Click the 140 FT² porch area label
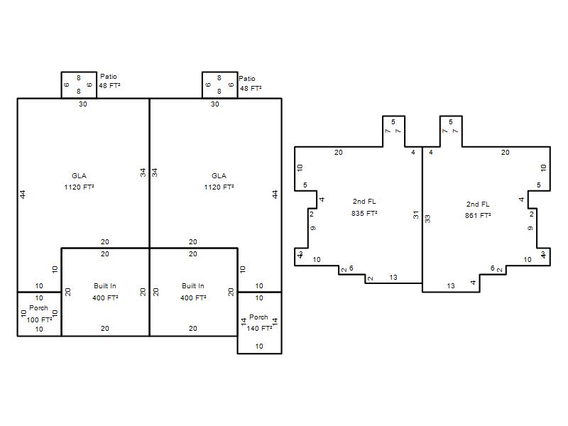(x=259, y=328)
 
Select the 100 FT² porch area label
(x=39, y=319)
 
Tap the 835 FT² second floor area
(x=364, y=213)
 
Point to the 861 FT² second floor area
(x=478, y=215)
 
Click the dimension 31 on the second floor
(x=416, y=215)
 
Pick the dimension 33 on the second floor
(x=428, y=219)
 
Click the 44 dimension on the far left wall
(x=23, y=195)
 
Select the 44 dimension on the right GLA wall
(x=275, y=195)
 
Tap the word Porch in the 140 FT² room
(x=258, y=317)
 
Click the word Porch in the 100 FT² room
(x=38, y=307)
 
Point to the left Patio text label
(x=109, y=77)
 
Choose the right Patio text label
(x=247, y=79)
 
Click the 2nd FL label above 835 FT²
(x=364, y=202)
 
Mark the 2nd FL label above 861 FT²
(x=478, y=204)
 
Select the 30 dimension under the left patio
(x=83, y=104)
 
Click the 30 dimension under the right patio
(x=215, y=104)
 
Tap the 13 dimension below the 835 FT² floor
(x=393, y=278)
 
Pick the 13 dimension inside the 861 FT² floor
(x=451, y=286)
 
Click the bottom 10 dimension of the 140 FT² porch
(x=259, y=346)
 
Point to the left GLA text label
(x=79, y=175)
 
